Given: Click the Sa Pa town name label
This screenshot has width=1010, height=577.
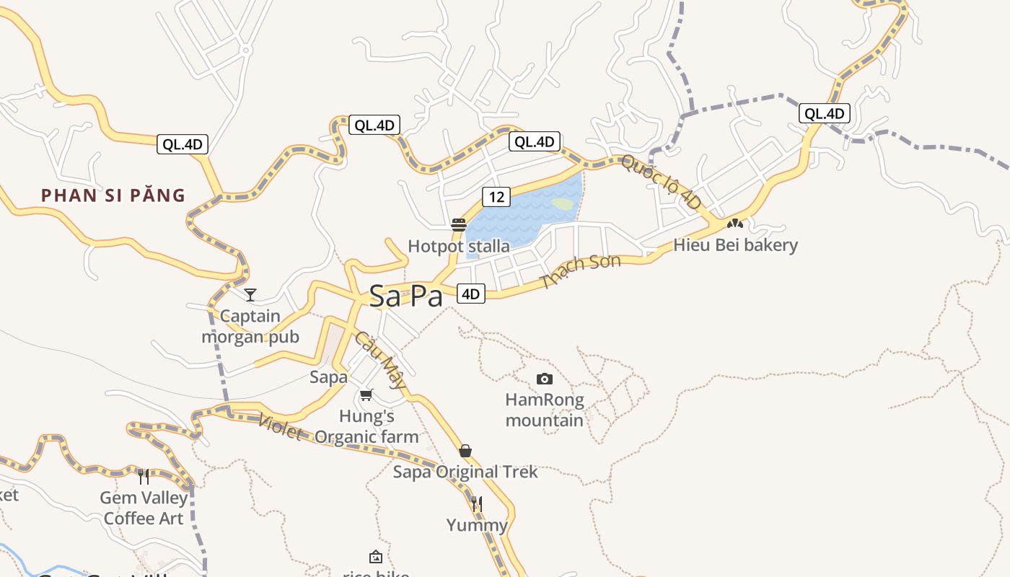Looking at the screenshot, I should (x=405, y=296).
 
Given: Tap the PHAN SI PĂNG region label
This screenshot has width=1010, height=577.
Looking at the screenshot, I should (x=113, y=195).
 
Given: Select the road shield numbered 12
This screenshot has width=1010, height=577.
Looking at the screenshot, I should (x=496, y=196).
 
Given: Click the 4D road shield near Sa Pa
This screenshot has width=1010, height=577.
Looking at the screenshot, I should (x=470, y=294).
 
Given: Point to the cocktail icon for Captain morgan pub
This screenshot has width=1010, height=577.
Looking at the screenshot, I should (x=250, y=294).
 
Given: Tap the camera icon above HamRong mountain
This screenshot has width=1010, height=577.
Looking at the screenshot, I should (x=545, y=379).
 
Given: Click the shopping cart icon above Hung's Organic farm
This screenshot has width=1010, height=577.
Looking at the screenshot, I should (x=366, y=395).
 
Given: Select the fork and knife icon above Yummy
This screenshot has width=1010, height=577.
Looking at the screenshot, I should (x=476, y=503).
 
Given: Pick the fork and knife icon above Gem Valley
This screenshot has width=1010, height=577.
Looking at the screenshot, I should (x=144, y=476).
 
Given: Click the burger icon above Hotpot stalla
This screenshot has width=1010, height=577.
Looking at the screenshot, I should (x=459, y=225).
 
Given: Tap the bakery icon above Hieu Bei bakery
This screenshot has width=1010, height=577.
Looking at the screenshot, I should (x=735, y=224).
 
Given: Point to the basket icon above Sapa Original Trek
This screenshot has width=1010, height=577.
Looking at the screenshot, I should (x=465, y=451).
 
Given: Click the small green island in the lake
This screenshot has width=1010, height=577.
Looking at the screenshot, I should (x=563, y=204).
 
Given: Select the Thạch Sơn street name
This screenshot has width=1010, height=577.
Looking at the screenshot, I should (x=580, y=271).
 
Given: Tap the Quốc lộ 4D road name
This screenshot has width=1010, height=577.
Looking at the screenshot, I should (x=661, y=182).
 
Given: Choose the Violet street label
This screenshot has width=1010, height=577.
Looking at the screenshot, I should (x=280, y=428).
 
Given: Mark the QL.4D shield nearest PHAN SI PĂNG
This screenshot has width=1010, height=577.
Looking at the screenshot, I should (x=183, y=144).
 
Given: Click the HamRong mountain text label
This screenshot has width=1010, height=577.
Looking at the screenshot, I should (x=545, y=410).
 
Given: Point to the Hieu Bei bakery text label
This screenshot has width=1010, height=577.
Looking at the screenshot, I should (x=736, y=245).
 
